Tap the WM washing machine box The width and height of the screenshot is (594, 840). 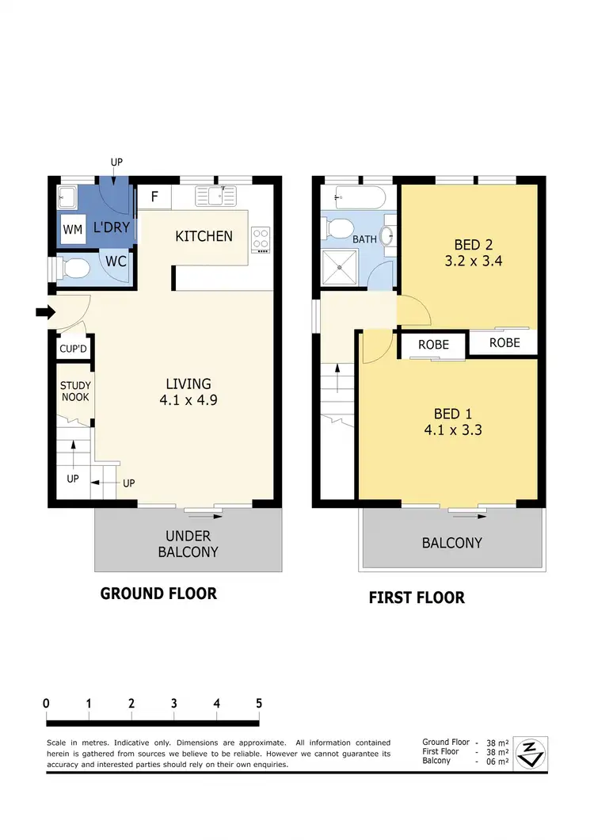[x=73, y=230]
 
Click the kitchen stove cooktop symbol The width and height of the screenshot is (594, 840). [x=261, y=236]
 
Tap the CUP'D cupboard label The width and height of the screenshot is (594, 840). [x=72, y=349]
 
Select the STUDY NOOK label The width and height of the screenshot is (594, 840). [x=75, y=391]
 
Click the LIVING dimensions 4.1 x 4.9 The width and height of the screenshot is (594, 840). [x=187, y=400]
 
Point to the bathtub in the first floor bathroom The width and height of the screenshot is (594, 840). [x=360, y=196]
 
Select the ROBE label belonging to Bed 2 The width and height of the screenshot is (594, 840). [x=505, y=342]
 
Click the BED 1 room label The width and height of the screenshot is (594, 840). [x=452, y=413]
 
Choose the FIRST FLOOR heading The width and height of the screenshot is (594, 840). [x=417, y=598]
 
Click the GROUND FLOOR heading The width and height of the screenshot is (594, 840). [x=158, y=594]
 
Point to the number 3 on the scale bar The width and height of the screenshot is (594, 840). [x=173, y=703]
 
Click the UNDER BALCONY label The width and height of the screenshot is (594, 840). [x=188, y=544]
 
